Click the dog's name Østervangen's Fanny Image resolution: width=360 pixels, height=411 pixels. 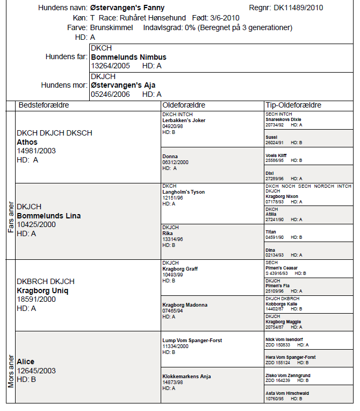coord(127,8)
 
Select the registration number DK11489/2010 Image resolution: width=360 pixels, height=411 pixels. coord(299,8)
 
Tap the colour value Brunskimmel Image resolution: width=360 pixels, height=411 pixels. coord(112,27)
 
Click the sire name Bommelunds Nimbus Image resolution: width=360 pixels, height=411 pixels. coord(129,57)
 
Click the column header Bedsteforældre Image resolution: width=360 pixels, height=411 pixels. coord(44,105)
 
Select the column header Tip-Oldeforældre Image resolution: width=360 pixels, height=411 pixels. coord(293,105)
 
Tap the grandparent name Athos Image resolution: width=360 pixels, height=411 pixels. coord(27,142)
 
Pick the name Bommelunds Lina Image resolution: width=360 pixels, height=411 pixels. coord(49,216)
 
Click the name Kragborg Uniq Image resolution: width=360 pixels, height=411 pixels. coord(43,290)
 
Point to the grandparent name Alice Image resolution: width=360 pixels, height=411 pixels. coord(26,362)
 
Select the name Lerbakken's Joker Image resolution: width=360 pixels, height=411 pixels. coord(184,121)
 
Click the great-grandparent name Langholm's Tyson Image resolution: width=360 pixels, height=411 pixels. coord(183,192)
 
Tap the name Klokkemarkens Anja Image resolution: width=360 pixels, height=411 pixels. coord(186,376)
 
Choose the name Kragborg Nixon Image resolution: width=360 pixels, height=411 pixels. coord(282,196)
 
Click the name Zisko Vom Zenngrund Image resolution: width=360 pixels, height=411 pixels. coord(288,375)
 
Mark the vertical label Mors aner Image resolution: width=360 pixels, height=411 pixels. coord(11,371)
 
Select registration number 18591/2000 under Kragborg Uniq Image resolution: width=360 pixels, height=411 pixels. coord(36,300)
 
